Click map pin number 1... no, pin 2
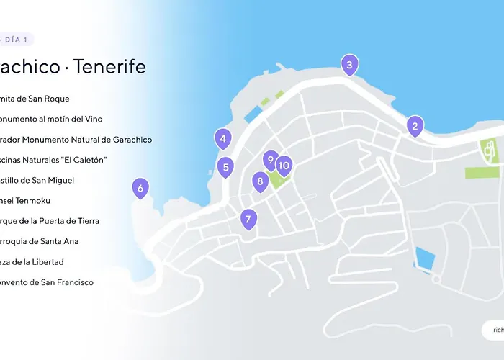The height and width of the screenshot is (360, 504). pyautogui.click(x=414, y=127)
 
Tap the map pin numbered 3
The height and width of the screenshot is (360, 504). pyautogui.click(x=349, y=66)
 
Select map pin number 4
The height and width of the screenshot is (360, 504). pyautogui.click(x=223, y=139)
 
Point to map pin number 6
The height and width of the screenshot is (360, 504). pyautogui.click(x=140, y=189)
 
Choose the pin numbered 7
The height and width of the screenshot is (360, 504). pyautogui.click(x=248, y=218)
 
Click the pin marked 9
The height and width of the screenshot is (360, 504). pyautogui.click(x=270, y=160)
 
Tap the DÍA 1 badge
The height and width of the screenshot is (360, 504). pyautogui.click(x=16, y=40)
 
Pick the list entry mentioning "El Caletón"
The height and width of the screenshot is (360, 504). pyautogui.click(x=54, y=160)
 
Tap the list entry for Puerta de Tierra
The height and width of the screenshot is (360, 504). pyautogui.click(x=50, y=221)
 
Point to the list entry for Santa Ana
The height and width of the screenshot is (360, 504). pyautogui.click(x=40, y=241)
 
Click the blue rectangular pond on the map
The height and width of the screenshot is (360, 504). pyautogui.click(x=424, y=258)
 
